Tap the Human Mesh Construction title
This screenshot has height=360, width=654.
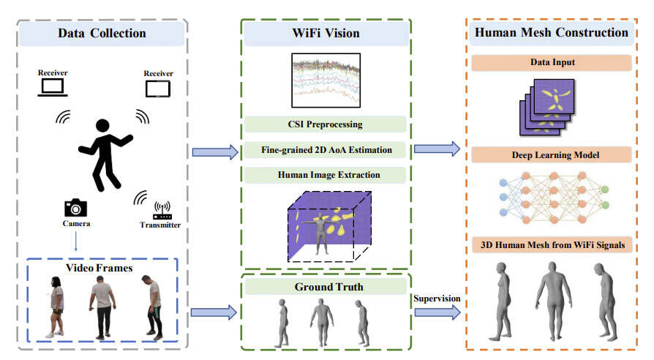point(551,33)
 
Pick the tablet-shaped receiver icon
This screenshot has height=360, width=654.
point(157,89)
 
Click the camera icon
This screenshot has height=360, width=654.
point(75,207)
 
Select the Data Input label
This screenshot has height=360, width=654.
point(553,63)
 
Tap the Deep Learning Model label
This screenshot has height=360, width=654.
point(553,154)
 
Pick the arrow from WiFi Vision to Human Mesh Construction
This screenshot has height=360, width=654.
point(437,150)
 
